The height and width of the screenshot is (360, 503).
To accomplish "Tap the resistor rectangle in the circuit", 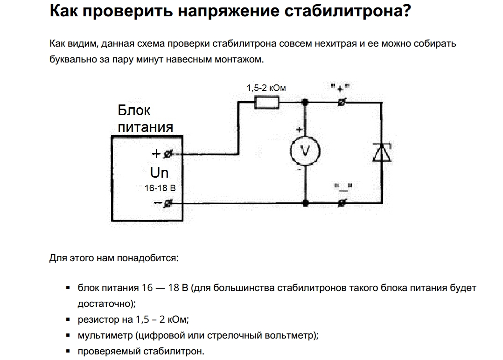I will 266,102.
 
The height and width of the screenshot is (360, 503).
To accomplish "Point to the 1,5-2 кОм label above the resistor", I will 266,88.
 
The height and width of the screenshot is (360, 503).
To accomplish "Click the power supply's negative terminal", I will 168,203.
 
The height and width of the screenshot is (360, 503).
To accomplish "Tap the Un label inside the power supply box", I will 159,173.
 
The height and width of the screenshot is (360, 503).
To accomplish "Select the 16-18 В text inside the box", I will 160,188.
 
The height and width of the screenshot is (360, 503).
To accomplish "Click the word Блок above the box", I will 134,111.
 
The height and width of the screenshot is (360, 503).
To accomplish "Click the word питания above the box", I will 145,127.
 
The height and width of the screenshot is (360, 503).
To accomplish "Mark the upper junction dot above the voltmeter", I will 305,102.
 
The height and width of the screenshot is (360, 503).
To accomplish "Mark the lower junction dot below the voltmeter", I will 305,203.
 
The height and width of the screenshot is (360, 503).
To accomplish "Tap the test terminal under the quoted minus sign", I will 342,203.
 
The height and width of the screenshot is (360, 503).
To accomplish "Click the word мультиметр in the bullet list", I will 105,335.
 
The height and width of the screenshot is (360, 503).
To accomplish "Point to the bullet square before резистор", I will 68,320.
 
